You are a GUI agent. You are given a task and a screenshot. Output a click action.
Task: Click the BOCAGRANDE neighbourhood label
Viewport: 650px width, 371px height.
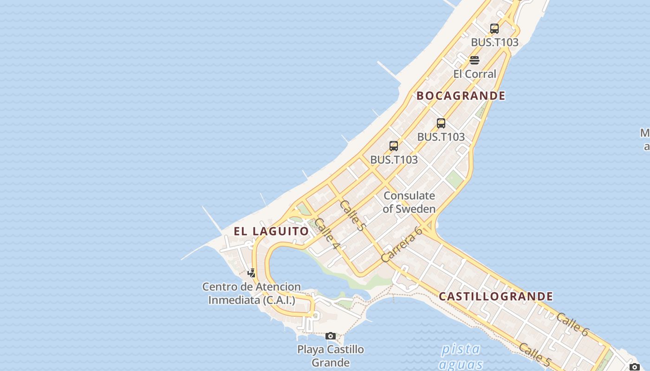(461, 96)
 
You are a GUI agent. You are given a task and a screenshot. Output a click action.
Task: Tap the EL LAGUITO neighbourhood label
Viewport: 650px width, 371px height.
(271, 231)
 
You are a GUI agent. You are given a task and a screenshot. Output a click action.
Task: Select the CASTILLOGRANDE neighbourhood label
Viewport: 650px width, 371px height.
(496, 296)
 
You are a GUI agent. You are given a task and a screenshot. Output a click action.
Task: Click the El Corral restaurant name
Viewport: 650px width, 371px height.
(474, 74)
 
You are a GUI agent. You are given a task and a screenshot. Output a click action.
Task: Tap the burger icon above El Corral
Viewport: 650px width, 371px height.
(474, 60)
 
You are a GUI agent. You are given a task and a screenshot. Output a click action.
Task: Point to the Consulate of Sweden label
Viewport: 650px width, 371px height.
(409, 202)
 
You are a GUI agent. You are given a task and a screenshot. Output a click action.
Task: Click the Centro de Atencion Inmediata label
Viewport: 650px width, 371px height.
(252, 294)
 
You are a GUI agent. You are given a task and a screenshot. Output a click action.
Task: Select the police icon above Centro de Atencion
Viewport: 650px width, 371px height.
(251, 273)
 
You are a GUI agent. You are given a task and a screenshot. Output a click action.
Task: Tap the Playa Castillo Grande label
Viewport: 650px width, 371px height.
(331, 356)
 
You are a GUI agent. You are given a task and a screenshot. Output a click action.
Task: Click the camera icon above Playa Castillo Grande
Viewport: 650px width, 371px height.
(331, 336)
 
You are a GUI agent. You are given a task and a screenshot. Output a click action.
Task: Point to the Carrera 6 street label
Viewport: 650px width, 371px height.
(402, 244)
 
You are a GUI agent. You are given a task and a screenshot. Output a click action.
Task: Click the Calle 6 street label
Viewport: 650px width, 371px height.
(572, 324)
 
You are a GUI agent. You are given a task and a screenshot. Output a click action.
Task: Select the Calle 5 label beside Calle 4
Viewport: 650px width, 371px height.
(353, 215)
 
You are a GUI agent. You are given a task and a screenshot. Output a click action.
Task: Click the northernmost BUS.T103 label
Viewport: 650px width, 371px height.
(494, 42)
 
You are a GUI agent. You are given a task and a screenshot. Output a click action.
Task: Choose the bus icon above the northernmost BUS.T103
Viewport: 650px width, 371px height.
(494, 29)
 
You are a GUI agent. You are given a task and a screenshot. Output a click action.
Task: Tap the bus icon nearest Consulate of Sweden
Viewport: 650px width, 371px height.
(394, 146)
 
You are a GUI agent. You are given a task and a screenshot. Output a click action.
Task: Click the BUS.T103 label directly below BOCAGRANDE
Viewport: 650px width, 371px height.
(441, 137)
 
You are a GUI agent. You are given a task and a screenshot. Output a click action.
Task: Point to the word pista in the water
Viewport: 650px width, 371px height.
(461, 349)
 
